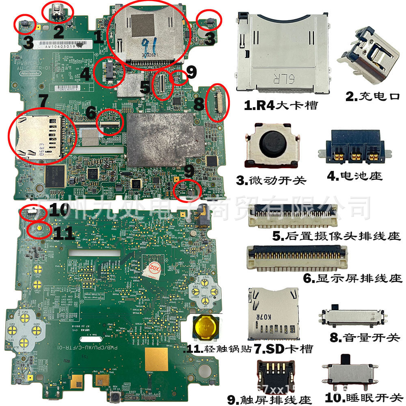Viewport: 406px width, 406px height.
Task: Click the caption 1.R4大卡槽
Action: tap(281, 106)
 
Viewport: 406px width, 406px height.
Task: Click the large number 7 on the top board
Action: tap(44, 100)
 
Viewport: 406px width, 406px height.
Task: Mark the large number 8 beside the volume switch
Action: tap(199, 104)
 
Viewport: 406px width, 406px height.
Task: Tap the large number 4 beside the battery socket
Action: tap(85, 75)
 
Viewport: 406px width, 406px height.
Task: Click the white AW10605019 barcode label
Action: tap(61, 46)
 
